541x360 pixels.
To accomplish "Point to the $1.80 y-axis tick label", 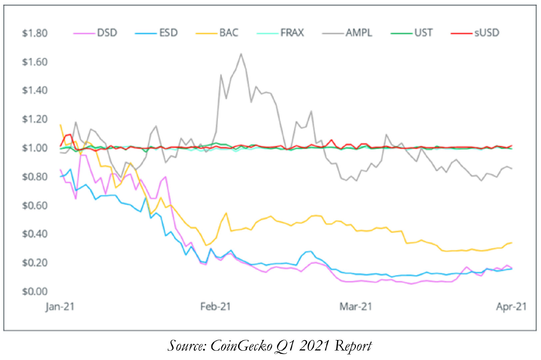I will coord(35,33).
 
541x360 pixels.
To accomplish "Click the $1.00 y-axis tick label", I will coord(35,148).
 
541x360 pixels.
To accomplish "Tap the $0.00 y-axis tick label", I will coord(35,292).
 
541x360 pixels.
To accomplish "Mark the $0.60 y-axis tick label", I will coord(35,205).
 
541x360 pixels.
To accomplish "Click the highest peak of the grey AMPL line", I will coord(241,54).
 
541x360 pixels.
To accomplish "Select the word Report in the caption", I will coord(353,346).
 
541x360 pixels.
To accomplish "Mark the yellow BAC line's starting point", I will coord(60,125).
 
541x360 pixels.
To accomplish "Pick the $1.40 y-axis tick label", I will coord(35,90).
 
